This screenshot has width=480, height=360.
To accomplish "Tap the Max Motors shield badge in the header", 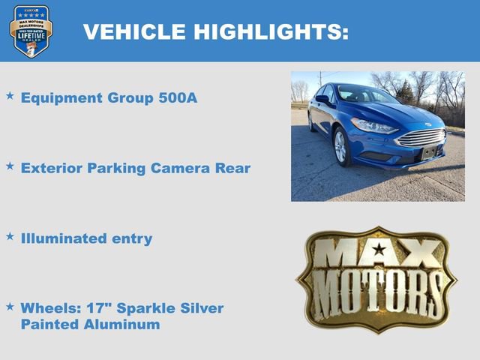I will (x=31, y=31).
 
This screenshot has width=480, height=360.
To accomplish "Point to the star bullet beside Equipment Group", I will (x=10, y=97).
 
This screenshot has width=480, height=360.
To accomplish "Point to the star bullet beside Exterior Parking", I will (x=10, y=166).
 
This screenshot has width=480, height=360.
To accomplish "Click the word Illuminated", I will (x=64, y=238).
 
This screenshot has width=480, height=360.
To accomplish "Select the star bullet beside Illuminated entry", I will (x=10, y=237).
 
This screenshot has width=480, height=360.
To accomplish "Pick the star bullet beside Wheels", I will (x=10, y=307).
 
